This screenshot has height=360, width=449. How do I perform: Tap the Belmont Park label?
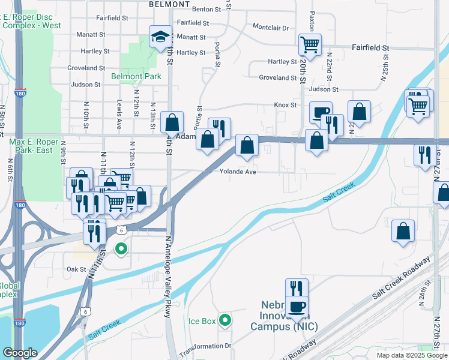click(x=136, y=76)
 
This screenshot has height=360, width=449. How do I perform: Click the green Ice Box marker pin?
click(x=225, y=320)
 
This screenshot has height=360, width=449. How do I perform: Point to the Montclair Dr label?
click(x=271, y=28)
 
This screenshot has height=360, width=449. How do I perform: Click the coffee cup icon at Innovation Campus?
click(x=296, y=307)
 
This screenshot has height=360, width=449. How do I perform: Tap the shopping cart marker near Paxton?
click(x=310, y=44)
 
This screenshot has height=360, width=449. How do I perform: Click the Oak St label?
click(x=77, y=269)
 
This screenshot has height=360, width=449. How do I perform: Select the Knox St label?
click(x=286, y=105)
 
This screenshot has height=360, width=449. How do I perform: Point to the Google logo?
click(x=20, y=352)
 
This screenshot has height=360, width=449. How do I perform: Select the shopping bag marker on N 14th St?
click(x=172, y=123)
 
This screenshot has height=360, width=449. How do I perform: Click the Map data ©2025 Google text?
click(x=411, y=355)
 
